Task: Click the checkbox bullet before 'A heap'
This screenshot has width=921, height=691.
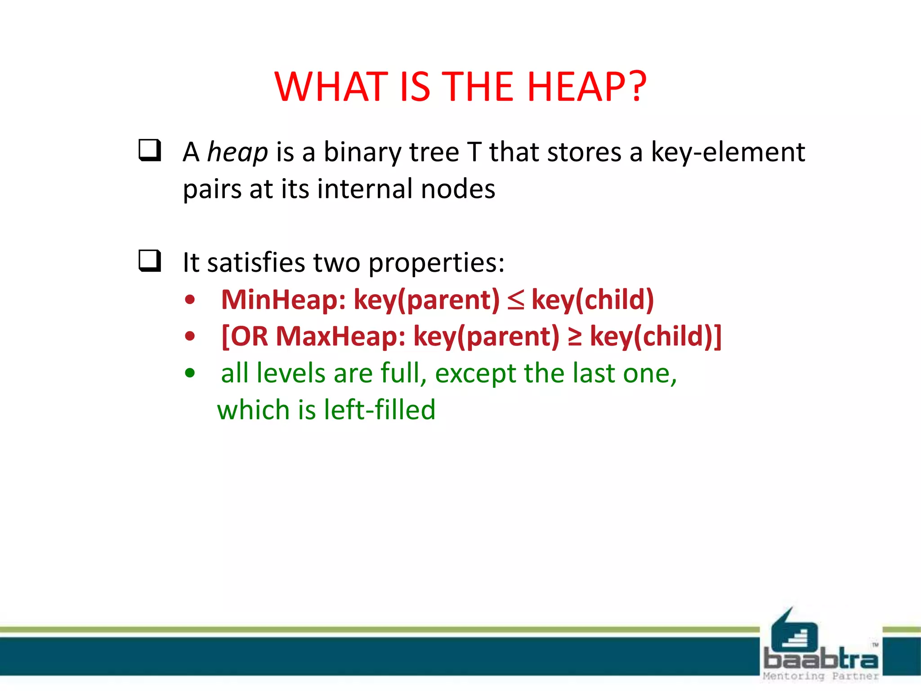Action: coord(150,150)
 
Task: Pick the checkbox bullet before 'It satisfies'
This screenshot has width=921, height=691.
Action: coord(150,260)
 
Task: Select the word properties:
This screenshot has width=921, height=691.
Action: coord(436,263)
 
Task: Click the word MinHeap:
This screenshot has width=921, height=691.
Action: coord(283,300)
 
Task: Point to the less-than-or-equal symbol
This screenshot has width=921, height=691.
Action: coord(515,301)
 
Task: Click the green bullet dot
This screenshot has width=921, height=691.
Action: coord(190,373)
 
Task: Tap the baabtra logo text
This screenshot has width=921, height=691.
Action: coord(821,659)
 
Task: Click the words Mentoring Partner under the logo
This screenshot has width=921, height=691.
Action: coord(821,676)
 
